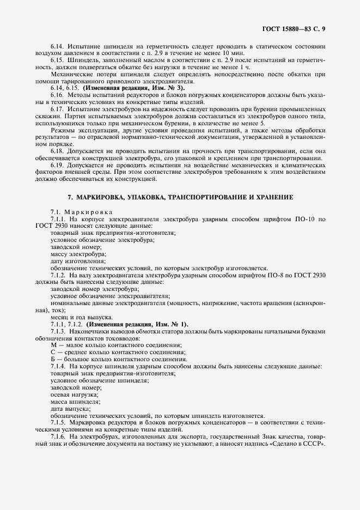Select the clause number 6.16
57,95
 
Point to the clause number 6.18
57,151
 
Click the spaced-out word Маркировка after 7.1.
88,211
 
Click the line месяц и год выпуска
82,317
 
